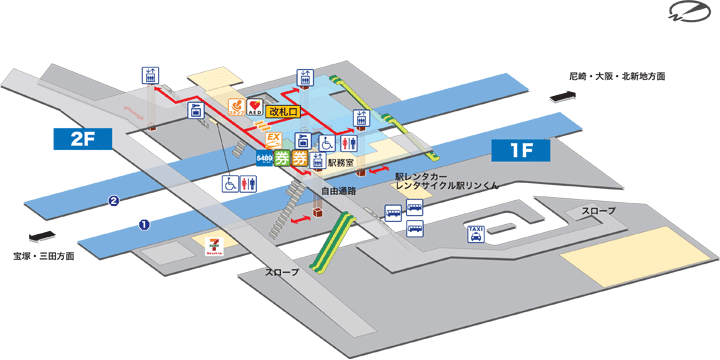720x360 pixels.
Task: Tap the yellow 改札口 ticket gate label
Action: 284,111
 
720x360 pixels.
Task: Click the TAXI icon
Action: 477,233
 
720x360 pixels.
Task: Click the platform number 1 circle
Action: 144,224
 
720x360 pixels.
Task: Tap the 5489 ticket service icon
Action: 265,157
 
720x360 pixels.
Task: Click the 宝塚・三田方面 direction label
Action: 38,256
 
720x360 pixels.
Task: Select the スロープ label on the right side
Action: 599,212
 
